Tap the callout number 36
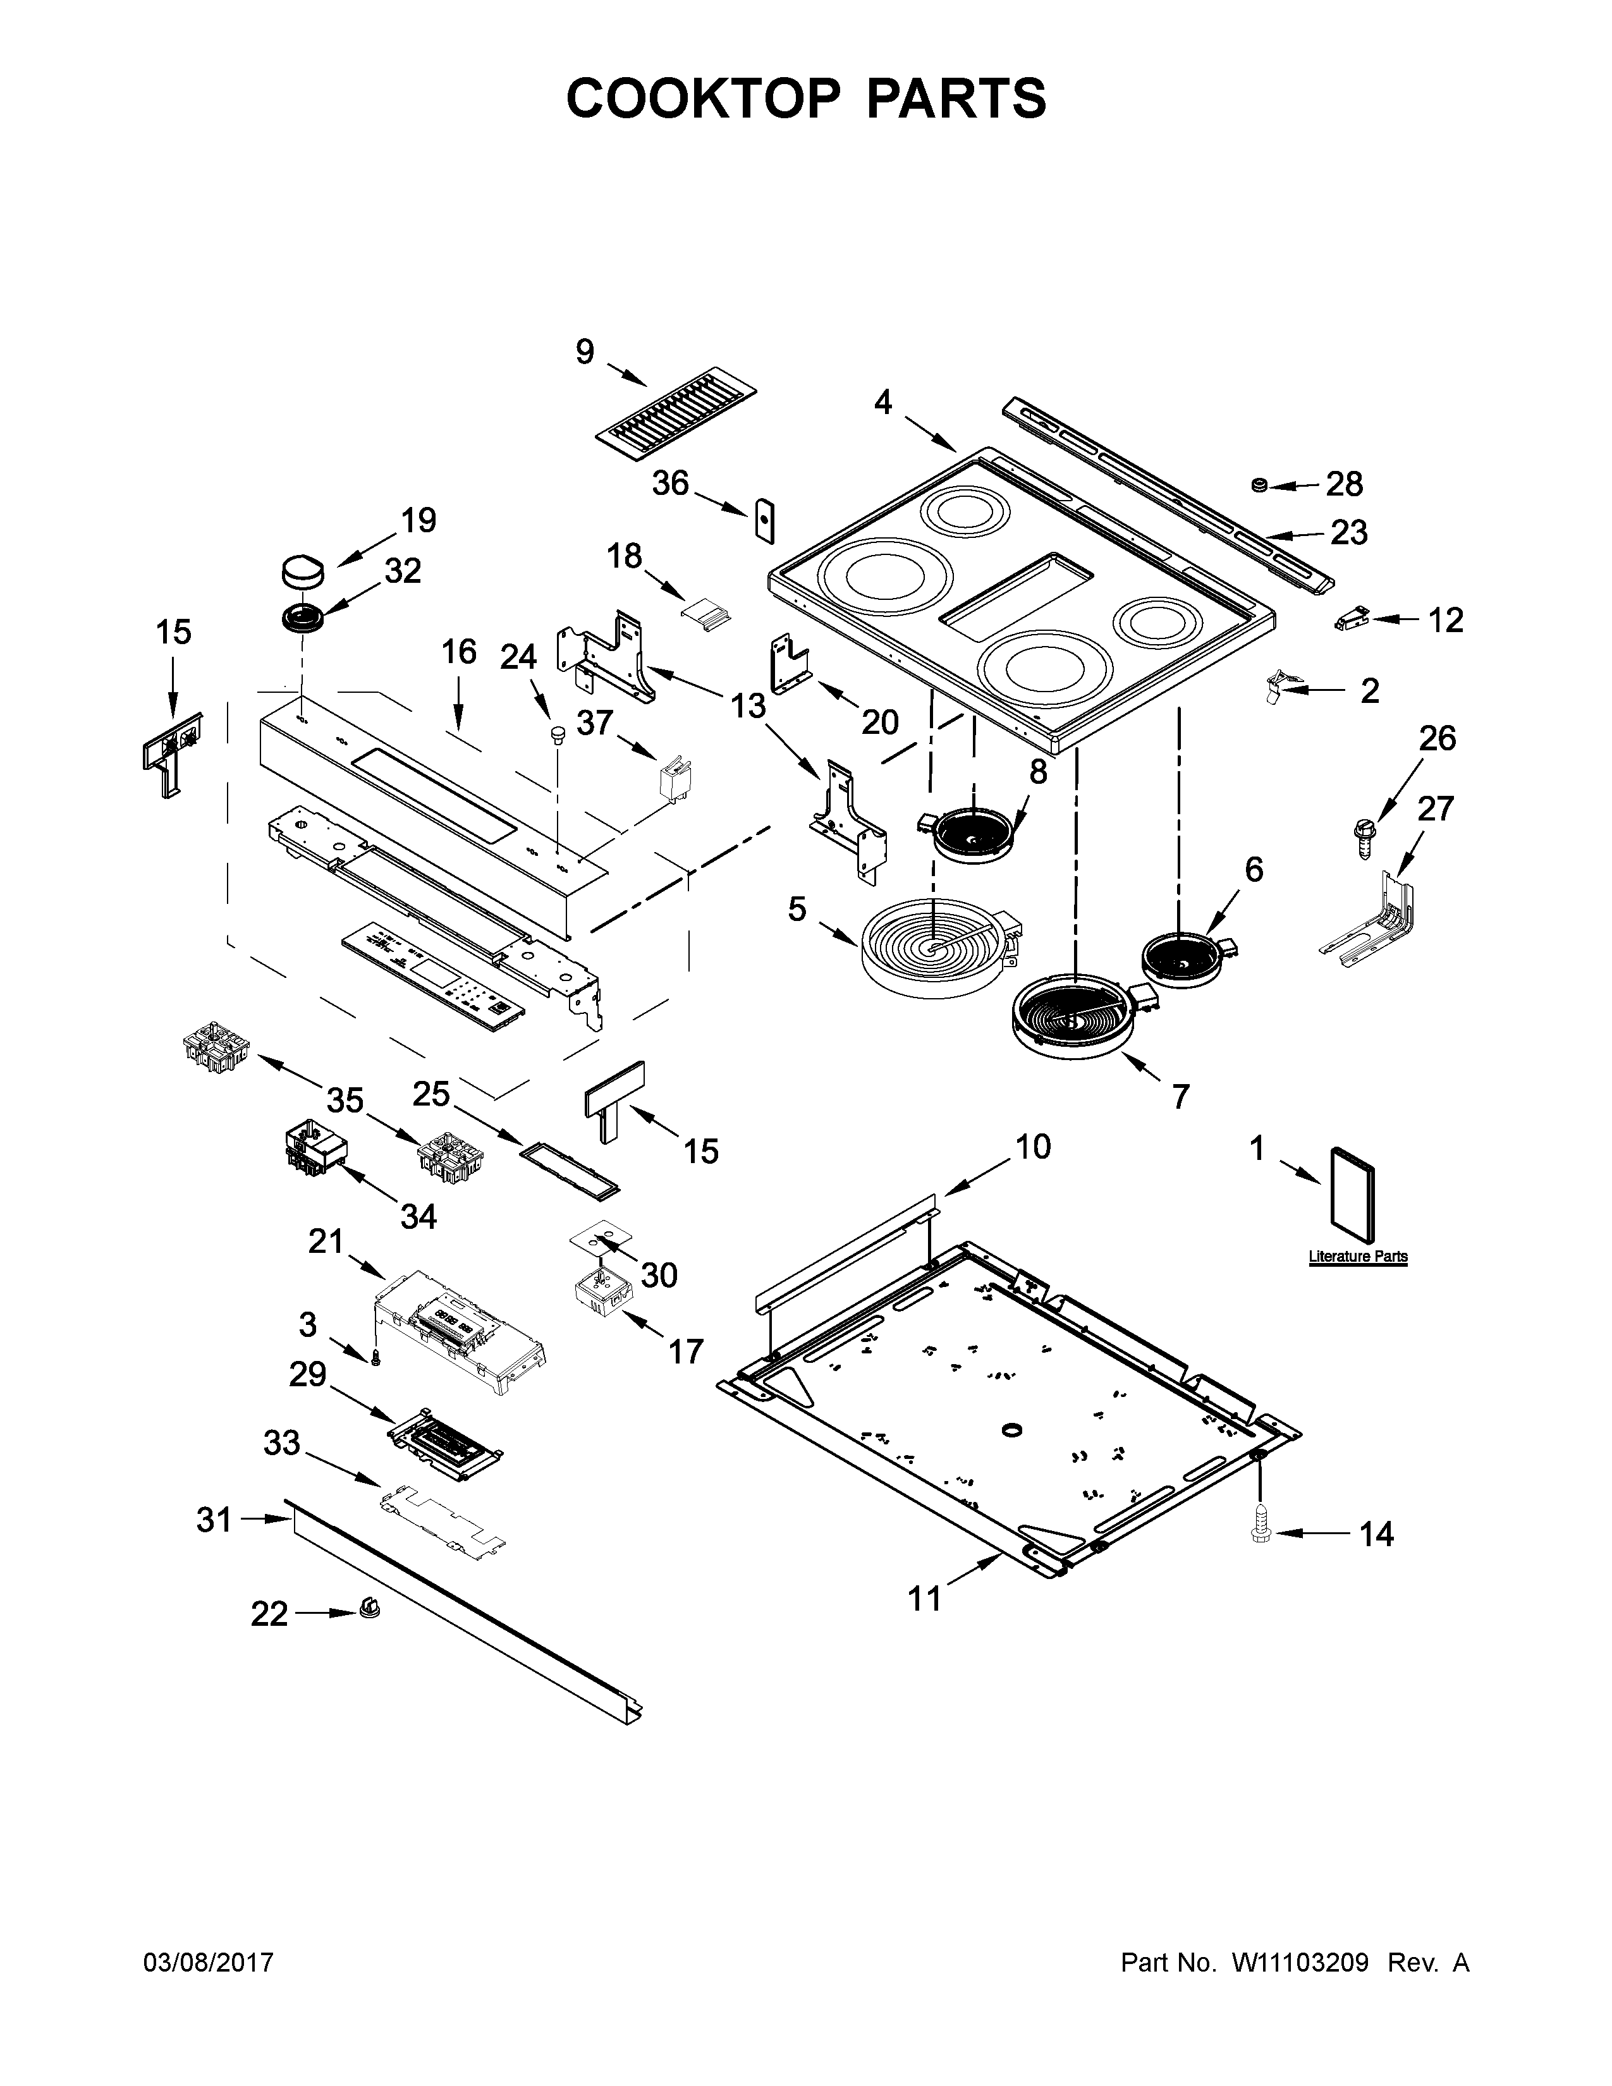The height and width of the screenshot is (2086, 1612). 669,484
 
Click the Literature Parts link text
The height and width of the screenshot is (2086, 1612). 1357,1256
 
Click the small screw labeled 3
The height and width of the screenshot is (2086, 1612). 374,1357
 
